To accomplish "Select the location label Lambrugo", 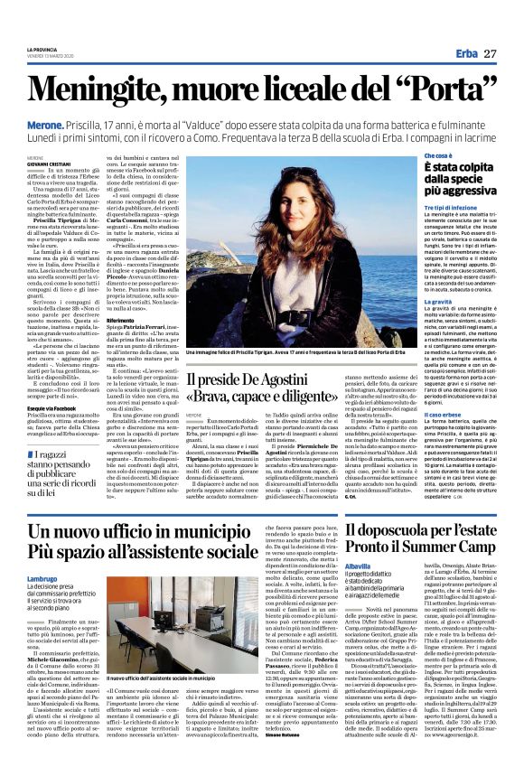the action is coord(42,577).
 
